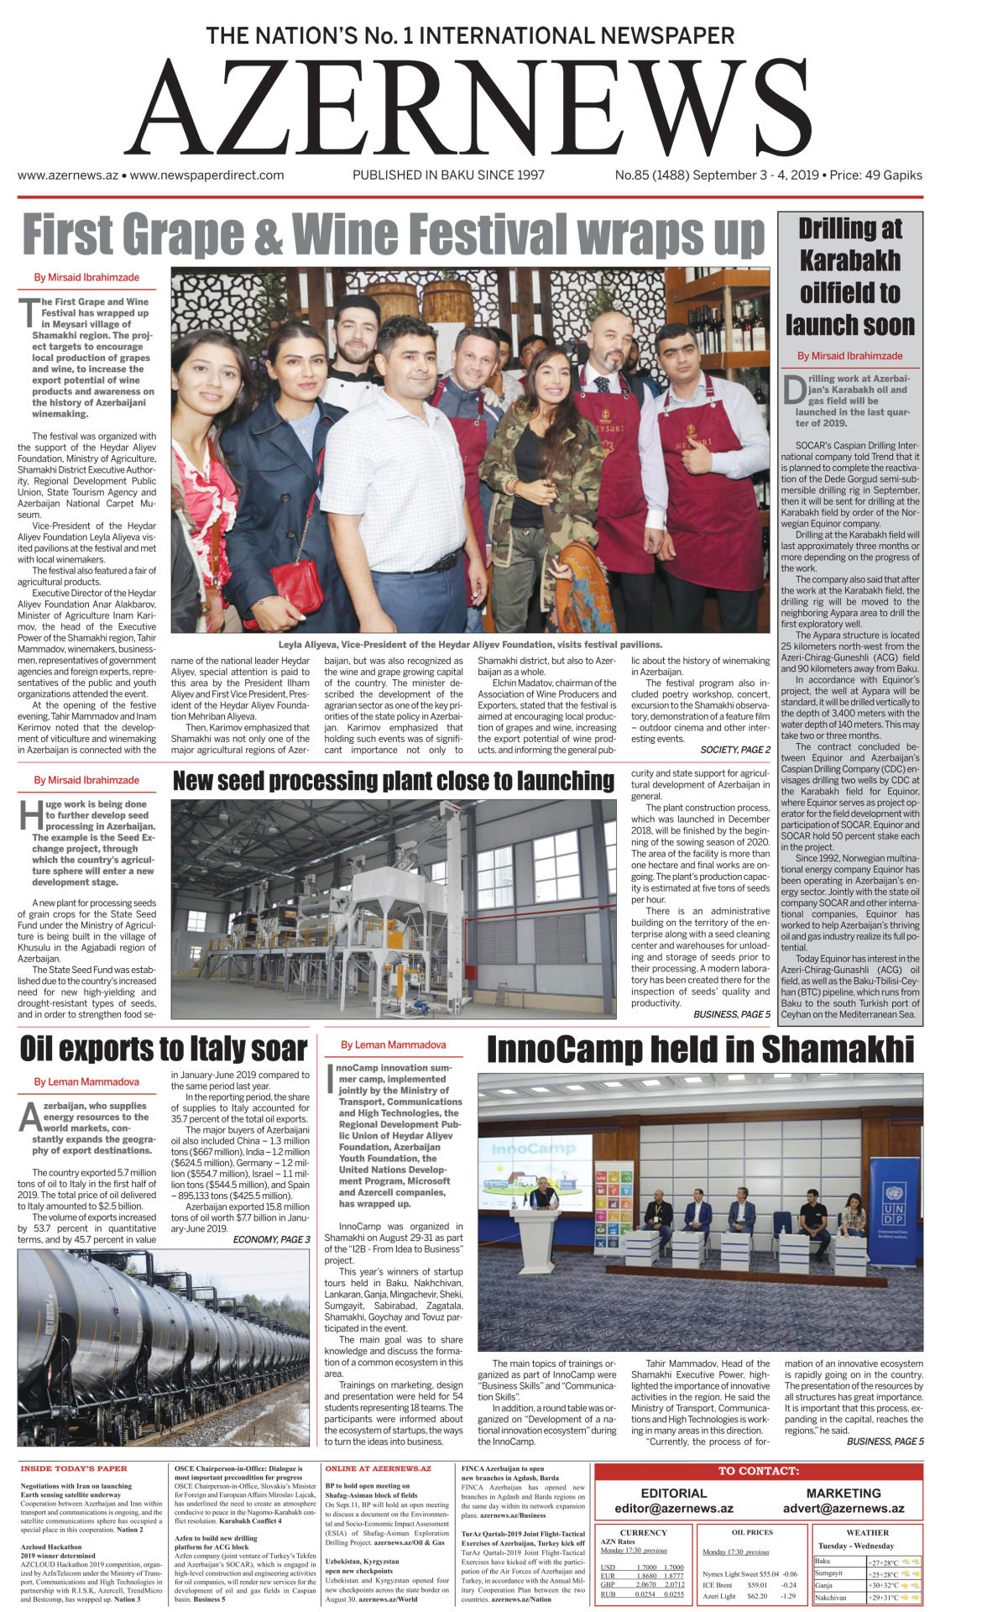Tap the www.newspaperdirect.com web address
point(206,175)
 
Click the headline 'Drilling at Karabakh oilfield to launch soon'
point(849,276)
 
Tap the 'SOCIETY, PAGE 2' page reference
point(735,750)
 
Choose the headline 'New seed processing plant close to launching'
point(393,781)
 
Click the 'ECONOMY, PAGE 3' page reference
point(271,1239)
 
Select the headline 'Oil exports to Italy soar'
point(164,1049)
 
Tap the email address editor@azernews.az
point(673,1509)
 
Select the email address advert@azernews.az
point(843,1509)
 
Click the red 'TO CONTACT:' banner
point(758,1471)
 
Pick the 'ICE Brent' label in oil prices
point(718,1585)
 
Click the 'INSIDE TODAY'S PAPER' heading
point(74,1468)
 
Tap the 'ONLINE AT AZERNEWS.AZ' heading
point(378,1468)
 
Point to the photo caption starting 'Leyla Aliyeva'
point(470,645)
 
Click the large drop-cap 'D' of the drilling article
point(793,391)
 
